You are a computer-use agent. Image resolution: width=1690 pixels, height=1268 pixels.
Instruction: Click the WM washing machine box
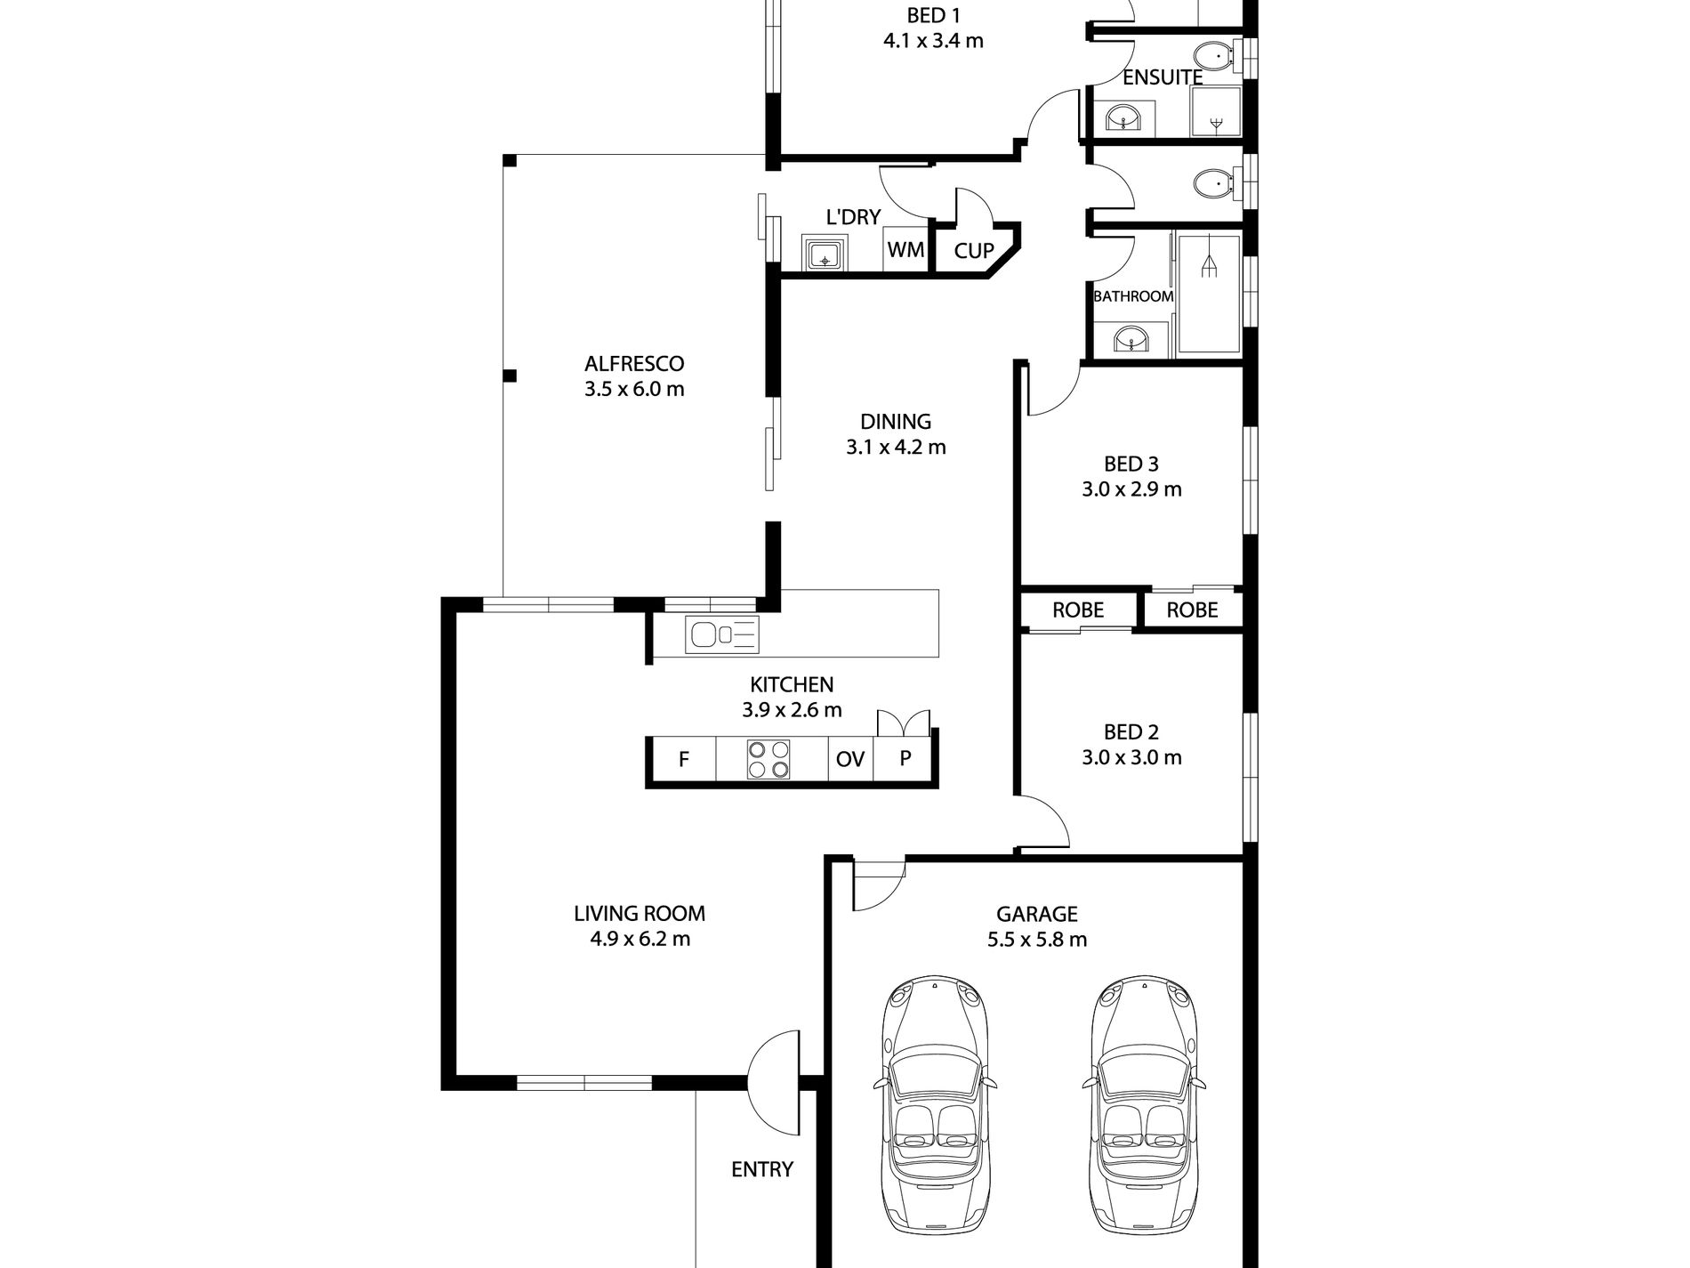point(905,250)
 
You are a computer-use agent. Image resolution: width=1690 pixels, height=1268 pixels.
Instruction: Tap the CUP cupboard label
point(973,252)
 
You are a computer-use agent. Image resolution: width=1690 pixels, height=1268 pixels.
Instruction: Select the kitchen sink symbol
point(721,634)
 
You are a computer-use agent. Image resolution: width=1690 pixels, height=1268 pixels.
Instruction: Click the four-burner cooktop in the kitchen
point(769,761)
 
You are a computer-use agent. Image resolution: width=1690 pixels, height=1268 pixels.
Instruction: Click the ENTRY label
point(761,1170)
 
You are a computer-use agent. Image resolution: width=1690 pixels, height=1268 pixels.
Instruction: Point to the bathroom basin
point(1131,339)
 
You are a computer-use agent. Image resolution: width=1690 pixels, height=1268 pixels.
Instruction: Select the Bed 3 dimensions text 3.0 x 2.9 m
point(1131,489)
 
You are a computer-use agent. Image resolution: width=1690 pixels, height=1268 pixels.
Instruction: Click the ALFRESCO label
point(633,364)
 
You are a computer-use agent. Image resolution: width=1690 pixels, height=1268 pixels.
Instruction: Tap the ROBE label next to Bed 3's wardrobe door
point(1191,610)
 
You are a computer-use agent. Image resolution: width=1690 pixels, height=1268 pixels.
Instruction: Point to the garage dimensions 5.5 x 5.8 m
point(1036,940)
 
